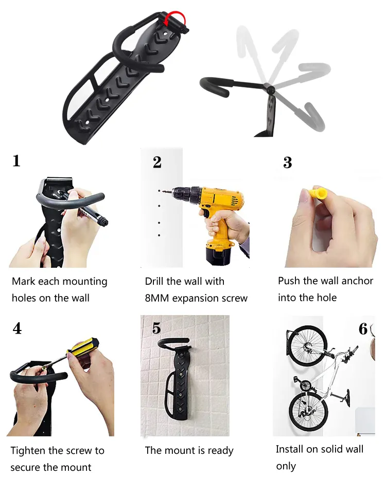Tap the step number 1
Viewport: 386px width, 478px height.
tap(16, 161)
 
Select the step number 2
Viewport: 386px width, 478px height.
tap(157, 162)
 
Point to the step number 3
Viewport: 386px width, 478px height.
tap(287, 162)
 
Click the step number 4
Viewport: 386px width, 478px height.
tap(17, 328)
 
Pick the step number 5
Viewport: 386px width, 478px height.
tap(156, 328)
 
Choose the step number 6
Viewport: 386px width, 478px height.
tap(363, 329)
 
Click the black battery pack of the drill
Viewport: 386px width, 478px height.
tap(218, 255)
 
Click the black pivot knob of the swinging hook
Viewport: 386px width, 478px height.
tap(270, 89)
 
